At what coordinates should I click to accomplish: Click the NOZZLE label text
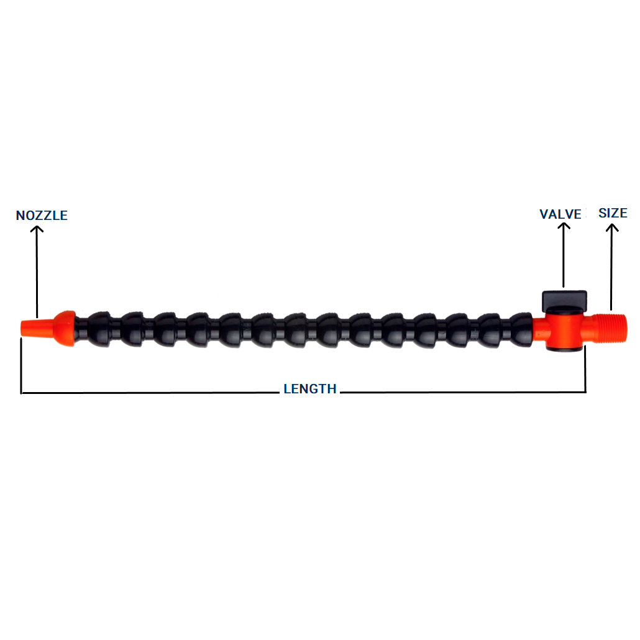42,216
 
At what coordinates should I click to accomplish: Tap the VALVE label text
560,214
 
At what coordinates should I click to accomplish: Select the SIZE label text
613,213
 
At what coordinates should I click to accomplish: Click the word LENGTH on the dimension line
310,389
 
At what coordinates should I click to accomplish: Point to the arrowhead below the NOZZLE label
38,229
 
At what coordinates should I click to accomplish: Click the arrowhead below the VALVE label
564,227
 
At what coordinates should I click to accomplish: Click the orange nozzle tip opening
24,327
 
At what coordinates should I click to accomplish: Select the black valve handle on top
564,301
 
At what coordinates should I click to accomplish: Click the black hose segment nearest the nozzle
98,327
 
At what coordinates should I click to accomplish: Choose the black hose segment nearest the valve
519,327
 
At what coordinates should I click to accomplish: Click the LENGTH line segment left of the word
149,393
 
